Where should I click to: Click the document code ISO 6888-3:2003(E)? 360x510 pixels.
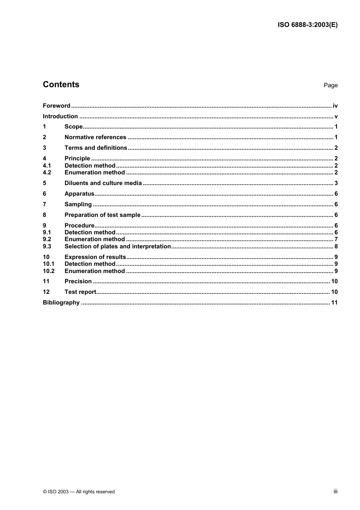[x=307, y=25]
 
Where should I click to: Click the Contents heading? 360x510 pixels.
[x=61, y=85]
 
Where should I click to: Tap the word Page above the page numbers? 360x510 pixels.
[x=330, y=85]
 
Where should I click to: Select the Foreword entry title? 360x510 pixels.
[x=56, y=106]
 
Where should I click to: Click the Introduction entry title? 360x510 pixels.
[x=60, y=116]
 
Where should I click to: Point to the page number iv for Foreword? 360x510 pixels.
[x=335, y=106]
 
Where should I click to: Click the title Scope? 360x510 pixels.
[x=74, y=127]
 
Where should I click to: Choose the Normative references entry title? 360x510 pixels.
[x=95, y=137]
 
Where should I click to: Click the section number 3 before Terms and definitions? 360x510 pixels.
[x=44, y=148]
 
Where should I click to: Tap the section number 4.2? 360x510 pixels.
[x=47, y=173]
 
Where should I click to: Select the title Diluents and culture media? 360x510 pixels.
[x=103, y=183]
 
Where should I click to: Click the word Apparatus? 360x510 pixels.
[x=79, y=194]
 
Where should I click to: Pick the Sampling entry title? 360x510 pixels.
[x=78, y=204]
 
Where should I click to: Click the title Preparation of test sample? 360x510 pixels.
[x=102, y=215]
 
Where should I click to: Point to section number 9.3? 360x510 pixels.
[x=47, y=246]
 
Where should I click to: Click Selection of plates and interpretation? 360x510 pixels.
[x=117, y=246]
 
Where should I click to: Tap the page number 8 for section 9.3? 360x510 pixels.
[x=336, y=246]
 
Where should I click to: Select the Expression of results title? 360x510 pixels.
[x=95, y=257]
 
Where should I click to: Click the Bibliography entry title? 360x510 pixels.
[x=61, y=303]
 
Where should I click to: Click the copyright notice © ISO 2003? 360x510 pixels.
[x=79, y=492]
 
